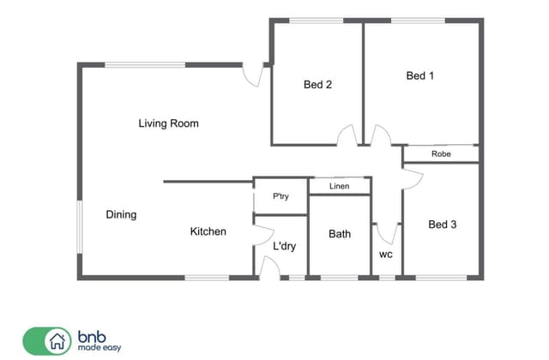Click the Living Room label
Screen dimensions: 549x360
168,123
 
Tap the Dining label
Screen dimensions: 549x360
121,214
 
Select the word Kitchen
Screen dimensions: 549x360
208,231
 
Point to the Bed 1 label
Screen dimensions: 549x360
419,75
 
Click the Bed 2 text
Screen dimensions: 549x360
317,84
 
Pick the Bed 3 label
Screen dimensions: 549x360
443,225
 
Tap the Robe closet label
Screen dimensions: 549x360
441,154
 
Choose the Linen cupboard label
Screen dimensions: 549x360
340,186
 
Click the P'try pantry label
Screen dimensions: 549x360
281,196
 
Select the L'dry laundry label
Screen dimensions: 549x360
284,246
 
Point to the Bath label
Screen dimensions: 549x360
340,234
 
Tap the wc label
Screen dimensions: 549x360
386,255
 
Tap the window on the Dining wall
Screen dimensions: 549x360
80,226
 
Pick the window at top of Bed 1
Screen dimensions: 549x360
418,21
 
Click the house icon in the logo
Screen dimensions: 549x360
57,341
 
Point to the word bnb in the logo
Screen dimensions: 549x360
92,337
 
